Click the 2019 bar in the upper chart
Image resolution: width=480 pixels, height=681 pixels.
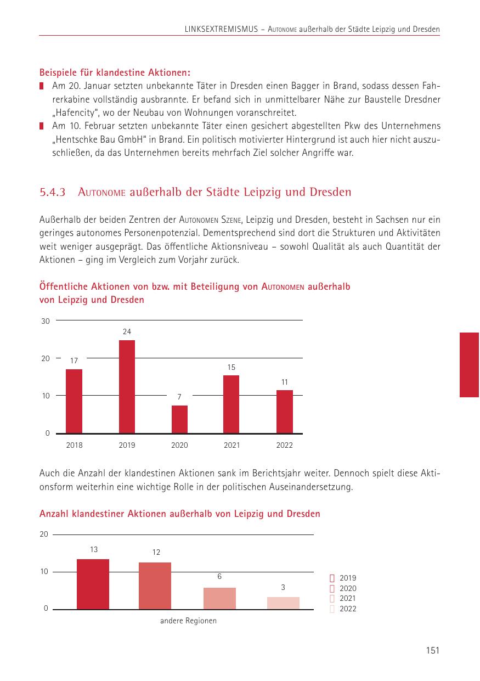(127, 387)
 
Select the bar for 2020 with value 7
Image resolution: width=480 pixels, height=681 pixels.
(179, 419)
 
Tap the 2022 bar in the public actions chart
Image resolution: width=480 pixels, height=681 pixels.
(285, 412)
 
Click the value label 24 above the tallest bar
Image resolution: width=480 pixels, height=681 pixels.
(127, 331)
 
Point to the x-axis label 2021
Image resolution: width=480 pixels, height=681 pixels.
(231, 445)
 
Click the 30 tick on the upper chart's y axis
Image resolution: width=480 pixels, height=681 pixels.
(45, 321)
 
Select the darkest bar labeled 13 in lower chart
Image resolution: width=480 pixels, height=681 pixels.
(93, 584)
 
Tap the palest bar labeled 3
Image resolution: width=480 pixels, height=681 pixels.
(283, 603)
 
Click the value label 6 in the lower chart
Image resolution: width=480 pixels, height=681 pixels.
(219, 577)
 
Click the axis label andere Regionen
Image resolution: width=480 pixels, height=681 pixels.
(188, 621)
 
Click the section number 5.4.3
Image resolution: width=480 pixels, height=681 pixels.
(53, 193)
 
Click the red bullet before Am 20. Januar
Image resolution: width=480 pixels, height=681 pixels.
(42, 87)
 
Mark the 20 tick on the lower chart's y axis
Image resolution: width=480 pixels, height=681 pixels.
(44, 534)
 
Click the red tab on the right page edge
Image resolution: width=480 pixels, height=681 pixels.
(469, 364)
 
